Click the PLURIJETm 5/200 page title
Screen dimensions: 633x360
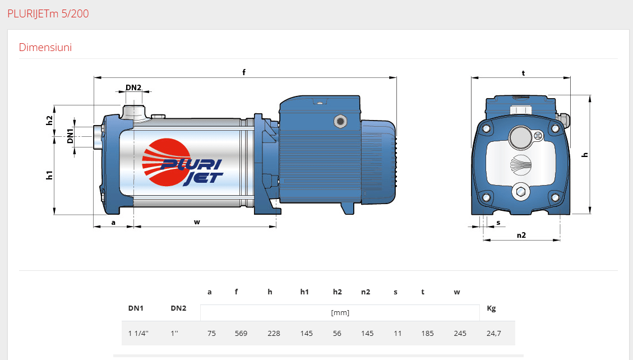click(48, 13)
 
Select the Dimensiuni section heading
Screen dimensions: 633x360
click(45, 47)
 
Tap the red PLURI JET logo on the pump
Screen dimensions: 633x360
click(182, 163)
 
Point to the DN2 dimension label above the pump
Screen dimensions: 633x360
click(133, 87)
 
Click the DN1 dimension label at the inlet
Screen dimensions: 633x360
click(70, 136)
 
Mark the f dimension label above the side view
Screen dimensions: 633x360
click(244, 72)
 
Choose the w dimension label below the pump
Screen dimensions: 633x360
click(197, 222)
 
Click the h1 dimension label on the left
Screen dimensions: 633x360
click(49, 175)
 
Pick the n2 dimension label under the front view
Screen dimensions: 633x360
click(521, 235)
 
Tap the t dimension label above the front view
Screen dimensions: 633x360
click(523, 73)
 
